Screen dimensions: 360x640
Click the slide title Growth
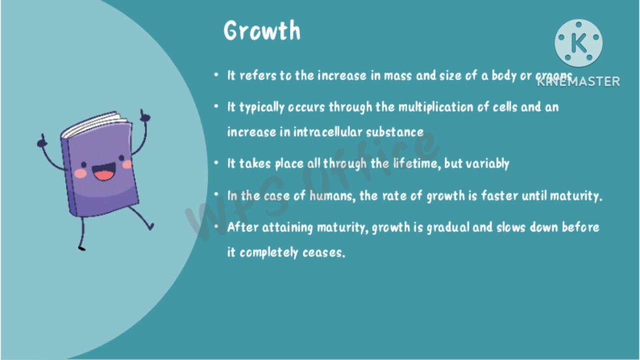[x=262, y=31]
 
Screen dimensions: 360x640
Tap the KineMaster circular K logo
[x=578, y=43]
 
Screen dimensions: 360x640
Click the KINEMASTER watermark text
[x=578, y=81]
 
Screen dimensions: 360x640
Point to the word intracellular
[x=328, y=132]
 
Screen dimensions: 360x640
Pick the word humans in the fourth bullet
[x=332, y=195]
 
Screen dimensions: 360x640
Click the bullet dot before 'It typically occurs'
[x=216, y=106]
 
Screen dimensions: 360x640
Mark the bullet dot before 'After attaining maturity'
[x=216, y=227]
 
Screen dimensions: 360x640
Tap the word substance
[x=394, y=132]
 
